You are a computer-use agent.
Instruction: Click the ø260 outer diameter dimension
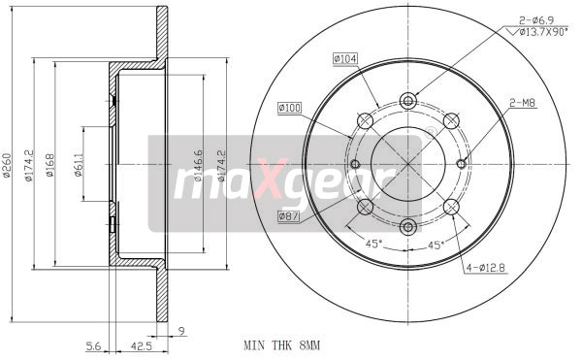(x=7, y=166)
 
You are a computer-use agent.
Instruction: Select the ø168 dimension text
(x=49, y=166)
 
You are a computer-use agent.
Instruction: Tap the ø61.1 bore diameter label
(x=78, y=165)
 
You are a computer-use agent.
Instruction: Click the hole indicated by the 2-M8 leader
(x=463, y=163)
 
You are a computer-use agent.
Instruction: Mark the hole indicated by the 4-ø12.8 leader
(x=450, y=206)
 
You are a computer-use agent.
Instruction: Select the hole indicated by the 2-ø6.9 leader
(x=408, y=100)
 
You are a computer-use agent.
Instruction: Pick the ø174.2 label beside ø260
(x=29, y=166)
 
